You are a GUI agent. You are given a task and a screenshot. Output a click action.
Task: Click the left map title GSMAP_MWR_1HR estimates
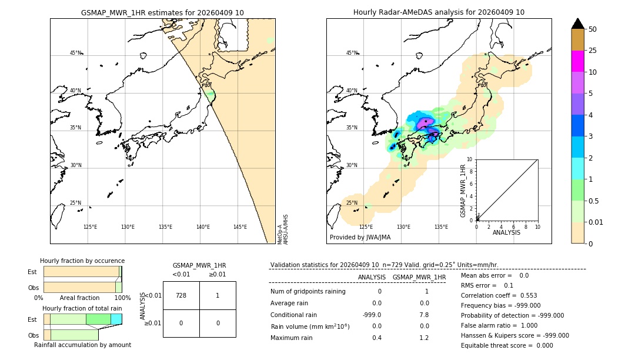pos(162,12)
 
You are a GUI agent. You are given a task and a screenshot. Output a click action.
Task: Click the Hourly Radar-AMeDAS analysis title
pos(439,12)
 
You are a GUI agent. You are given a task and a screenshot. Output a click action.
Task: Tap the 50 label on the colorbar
pos(593,29)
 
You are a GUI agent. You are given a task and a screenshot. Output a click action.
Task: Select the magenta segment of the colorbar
pos(577,61)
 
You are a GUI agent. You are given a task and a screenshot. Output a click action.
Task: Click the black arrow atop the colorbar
pos(577,24)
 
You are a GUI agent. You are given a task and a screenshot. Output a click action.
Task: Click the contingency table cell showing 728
pos(181,295)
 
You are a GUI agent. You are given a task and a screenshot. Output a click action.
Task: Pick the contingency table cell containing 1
pos(218,295)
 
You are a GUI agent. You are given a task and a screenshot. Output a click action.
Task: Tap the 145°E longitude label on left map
pos(240,227)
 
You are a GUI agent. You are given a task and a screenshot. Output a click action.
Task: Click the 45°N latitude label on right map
pos(352,53)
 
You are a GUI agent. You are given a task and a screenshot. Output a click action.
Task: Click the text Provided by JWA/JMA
pos(360,237)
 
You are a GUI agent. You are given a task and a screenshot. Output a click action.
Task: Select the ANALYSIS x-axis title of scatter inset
pos(506,232)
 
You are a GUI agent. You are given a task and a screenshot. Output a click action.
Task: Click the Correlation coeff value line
pos(499,295)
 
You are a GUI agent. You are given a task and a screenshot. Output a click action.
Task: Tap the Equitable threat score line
pos(507,345)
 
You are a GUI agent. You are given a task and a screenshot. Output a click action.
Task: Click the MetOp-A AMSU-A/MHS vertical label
pos(283,229)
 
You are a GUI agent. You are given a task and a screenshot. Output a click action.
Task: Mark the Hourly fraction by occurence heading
pos(82,261)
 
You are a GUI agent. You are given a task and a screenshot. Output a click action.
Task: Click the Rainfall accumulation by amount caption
pos(82,345)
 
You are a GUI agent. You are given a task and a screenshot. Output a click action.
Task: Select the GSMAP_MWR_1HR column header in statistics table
pos(419,277)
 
